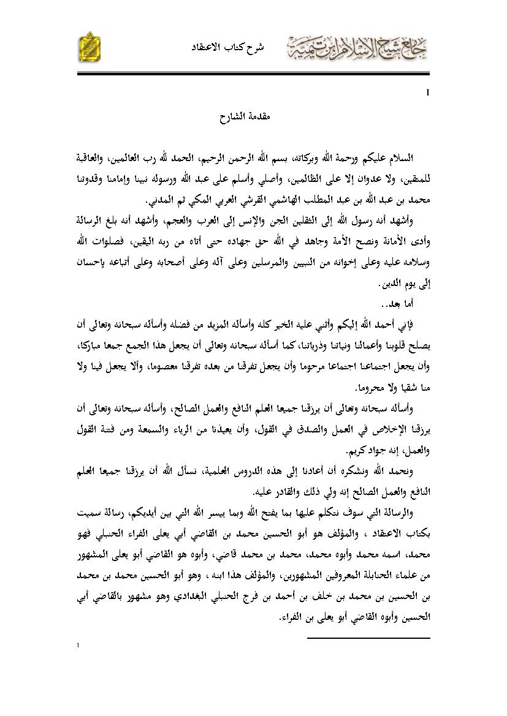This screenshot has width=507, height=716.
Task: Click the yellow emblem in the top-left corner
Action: [x=90, y=47]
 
